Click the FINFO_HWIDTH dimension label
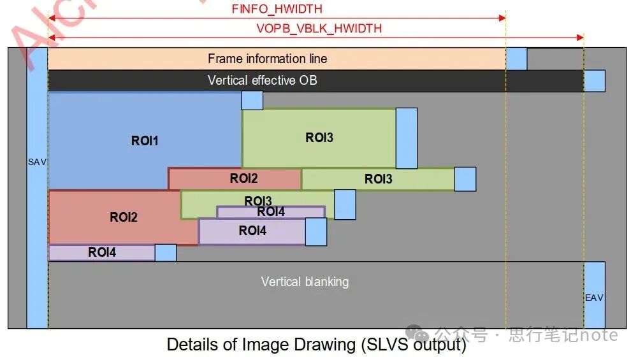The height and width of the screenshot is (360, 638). point(277,9)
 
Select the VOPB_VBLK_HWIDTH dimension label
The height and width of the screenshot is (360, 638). point(319,28)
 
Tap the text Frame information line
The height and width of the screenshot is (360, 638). point(267,59)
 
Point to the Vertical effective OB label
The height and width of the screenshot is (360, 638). point(262,80)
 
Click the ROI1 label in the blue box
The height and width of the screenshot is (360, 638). point(145,141)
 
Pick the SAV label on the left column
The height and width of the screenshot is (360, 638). point(37,162)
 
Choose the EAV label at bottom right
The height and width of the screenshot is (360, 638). point(594,298)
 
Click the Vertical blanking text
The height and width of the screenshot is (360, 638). point(305,281)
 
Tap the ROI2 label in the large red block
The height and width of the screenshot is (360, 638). point(124,217)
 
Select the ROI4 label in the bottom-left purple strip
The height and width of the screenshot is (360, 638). point(102,252)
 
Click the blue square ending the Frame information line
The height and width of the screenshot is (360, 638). point(516,59)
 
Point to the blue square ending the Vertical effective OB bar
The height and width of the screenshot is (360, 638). point(595,81)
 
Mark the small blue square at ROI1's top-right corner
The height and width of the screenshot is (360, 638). point(252,100)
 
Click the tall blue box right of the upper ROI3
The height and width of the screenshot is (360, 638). point(407,138)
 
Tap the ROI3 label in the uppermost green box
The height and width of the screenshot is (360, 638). point(319,138)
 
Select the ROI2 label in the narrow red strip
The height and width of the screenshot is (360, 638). point(243,179)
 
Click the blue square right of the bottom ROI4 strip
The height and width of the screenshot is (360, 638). point(166,253)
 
